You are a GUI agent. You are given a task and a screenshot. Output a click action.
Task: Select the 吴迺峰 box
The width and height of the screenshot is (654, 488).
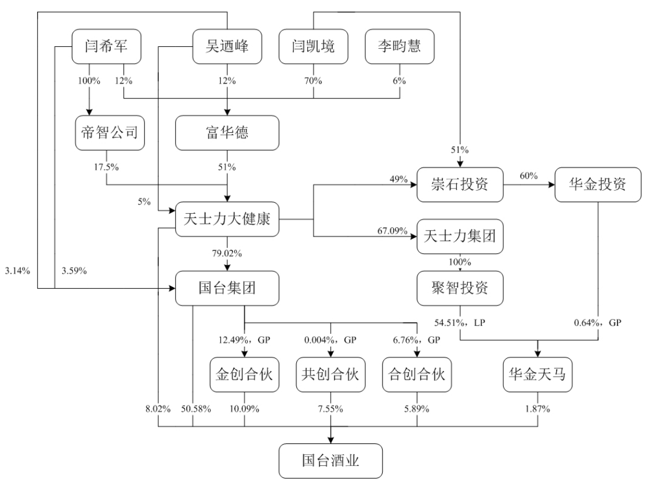(227, 46)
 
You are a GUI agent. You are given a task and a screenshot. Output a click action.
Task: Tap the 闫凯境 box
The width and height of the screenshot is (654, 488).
(314, 46)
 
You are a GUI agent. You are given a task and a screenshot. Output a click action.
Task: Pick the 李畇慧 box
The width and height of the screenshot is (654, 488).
(399, 46)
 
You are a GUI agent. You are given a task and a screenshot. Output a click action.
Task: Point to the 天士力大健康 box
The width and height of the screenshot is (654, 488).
(227, 220)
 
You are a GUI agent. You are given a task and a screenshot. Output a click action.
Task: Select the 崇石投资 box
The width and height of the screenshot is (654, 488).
(460, 185)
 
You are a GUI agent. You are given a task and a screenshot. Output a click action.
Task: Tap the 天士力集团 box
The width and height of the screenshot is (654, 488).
(460, 236)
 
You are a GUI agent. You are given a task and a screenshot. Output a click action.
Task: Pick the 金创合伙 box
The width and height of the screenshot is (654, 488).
(244, 375)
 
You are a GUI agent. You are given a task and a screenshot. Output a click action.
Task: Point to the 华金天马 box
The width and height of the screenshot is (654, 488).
(537, 375)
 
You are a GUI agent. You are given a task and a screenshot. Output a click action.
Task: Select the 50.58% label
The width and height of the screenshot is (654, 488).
(195, 410)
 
